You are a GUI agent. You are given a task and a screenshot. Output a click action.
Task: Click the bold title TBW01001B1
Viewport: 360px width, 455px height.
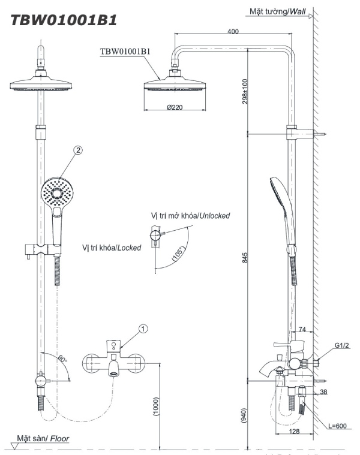point(63,19)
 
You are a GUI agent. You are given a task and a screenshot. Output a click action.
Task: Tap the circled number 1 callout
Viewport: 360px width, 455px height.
point(142,328)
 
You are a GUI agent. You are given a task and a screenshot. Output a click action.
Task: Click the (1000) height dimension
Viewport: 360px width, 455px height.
point(155,409)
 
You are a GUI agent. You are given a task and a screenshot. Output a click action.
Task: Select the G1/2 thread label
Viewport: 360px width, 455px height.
point(342,346)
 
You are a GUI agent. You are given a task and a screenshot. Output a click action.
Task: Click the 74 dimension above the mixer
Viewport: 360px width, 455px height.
point(302,329)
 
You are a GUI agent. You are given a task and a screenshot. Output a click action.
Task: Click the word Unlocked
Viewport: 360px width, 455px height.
point(214,215)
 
